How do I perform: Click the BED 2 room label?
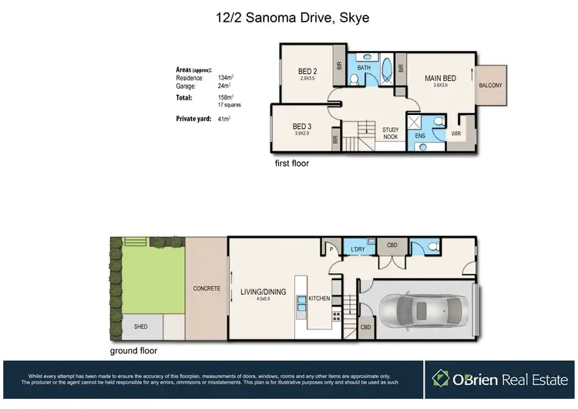click(x=309, y=73)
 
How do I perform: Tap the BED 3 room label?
click(x=301, y=127)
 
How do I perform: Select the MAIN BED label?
click(x=440, y=78)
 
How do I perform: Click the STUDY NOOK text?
click(x=390, y=133)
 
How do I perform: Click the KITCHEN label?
click(x=320, y=298)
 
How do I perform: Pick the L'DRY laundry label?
click(x=358, y=249)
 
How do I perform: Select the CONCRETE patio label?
click(x=206, y=289)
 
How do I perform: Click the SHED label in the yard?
click(x=141, y=326)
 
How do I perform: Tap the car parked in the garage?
click(x=420, y=311)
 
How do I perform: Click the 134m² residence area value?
click(x=226, y=78)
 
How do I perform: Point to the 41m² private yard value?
click(x=225, y=119)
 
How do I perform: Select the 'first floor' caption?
click(x=292, y=164)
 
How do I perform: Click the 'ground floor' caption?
click(x=134, y=350)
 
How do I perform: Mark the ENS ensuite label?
click(x=420, y=136)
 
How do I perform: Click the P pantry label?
click(x=330, y=249)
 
